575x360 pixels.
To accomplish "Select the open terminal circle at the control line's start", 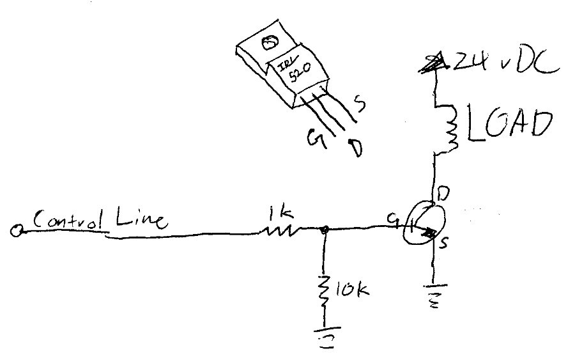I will [x=16, y=231].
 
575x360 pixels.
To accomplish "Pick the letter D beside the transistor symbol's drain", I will [x=443, y=192].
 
